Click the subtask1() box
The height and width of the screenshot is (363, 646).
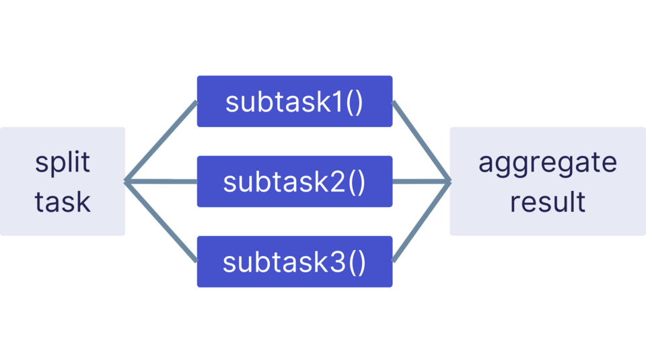[x=294, y=102]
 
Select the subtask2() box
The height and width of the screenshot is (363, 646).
[x=294, y=182]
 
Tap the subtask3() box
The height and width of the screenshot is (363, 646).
[x=294, y=261]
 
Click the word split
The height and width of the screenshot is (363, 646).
[x=63, y=163]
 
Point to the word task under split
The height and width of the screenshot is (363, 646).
[x=63, y=201]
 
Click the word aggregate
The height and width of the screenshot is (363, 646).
[x=547, y=163]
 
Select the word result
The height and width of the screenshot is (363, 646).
[x=547, y=201]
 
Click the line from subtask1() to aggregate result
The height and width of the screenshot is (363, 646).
[x=421, y=141]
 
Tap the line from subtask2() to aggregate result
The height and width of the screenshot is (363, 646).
[x=421, y=182]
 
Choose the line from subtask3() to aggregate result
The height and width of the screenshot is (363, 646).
[x=421, y=222]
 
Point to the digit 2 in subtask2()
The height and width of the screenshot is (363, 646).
[x=338, y=182]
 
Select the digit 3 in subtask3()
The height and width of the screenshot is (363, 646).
[x=338, y=261]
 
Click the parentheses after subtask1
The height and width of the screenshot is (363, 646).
[x=355, y=102]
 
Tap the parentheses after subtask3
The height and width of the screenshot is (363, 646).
[x=357, y=262]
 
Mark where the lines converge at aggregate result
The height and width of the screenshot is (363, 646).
[x=449, y=182]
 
